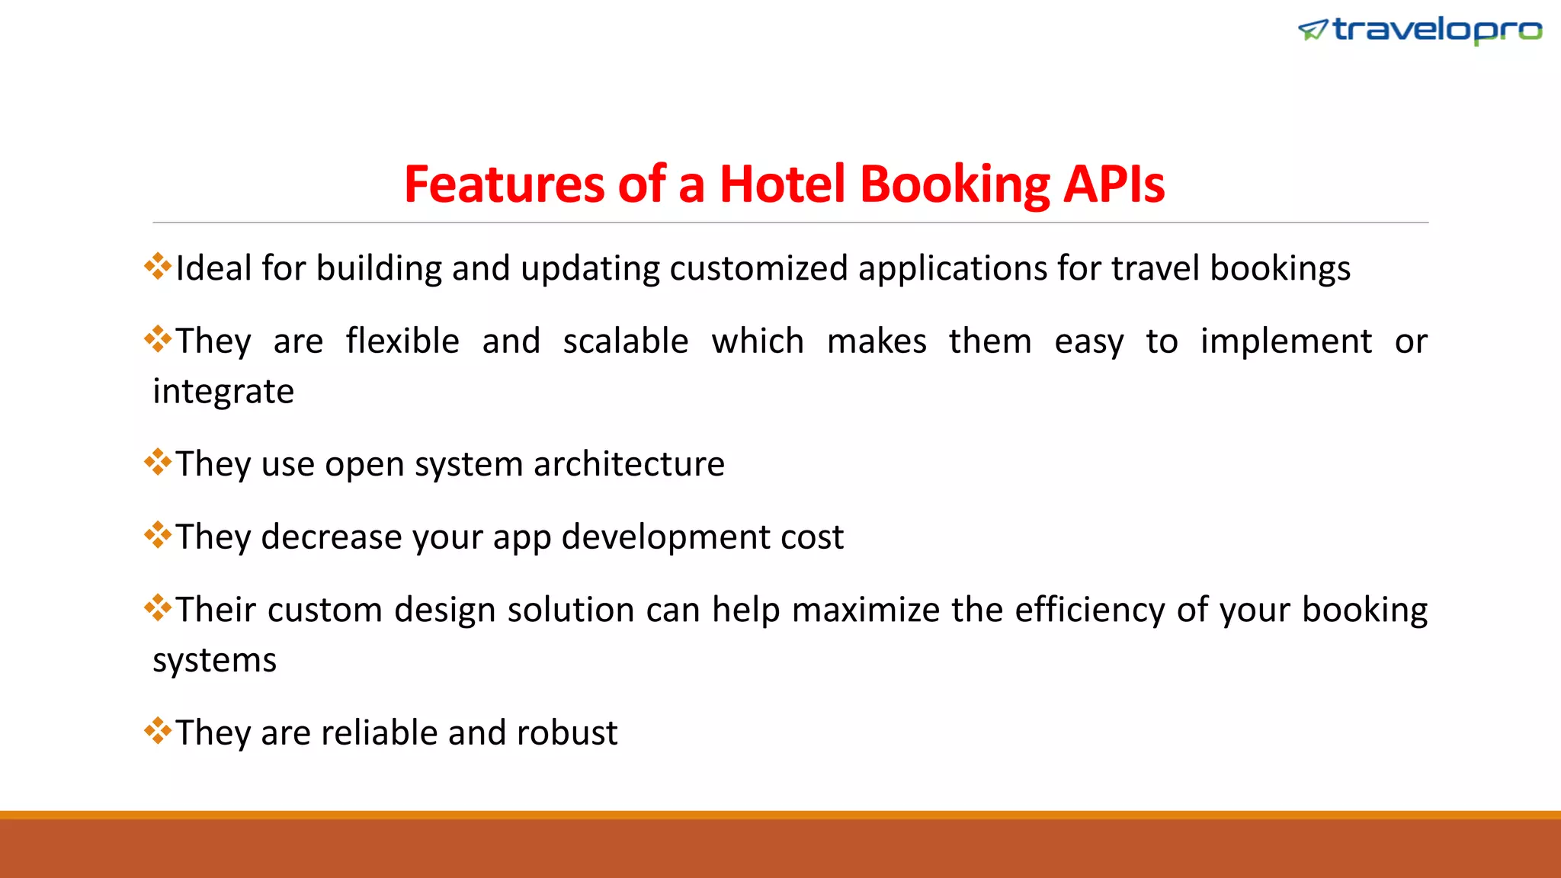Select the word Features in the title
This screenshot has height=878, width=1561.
tap(504, 184)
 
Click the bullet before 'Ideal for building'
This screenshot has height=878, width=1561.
tap(158, 266)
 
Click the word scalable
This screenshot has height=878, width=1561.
tap(626, 341)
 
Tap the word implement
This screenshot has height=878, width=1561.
tap(1286, 341)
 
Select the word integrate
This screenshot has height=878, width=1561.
tap(223, 392)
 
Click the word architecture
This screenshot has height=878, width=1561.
tap(629, 464)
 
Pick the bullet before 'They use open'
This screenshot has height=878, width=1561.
tap(158, 462)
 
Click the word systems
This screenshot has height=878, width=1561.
tap(214, 660)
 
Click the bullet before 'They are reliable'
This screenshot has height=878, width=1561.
tap(158, 731)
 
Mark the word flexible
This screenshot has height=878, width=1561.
tap(402, 341)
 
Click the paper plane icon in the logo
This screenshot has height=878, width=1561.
tap(1313, 30)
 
